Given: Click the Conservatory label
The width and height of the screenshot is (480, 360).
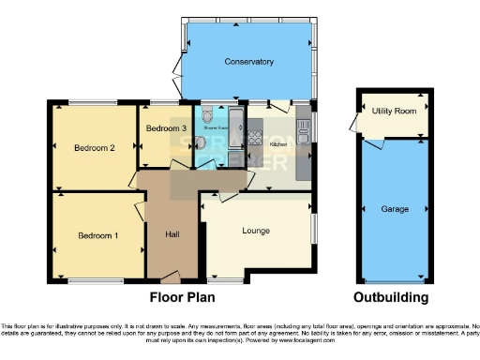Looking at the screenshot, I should coord(248,62).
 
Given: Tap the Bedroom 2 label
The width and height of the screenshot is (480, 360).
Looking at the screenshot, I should coord(95,147).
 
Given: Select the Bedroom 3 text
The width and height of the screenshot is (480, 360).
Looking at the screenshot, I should coord(165,127).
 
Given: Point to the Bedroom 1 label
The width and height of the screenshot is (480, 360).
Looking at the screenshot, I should coord(97,234).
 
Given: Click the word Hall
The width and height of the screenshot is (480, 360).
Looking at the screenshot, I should coord(173,233).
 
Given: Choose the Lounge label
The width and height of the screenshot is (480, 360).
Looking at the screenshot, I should coord(256,230).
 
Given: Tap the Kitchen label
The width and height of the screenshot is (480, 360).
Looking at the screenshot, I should coord(278,144).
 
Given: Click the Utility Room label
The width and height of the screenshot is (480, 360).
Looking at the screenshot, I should coord(394,111).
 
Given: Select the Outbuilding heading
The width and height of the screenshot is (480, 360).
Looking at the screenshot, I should coord(391,297).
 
